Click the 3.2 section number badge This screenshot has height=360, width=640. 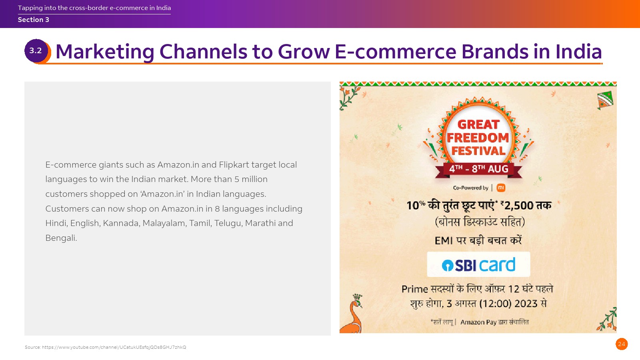point(36,51)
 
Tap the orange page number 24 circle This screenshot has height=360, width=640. point(622,344)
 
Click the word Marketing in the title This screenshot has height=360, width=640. point(105,52)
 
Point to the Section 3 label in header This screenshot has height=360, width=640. point(34,20)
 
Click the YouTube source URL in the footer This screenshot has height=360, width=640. point(114,347)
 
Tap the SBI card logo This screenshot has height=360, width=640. point(478,264)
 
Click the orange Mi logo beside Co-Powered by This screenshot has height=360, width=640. point(501,188)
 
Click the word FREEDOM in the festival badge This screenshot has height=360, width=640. point(478,138)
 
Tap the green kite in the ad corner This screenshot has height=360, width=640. point(605,100)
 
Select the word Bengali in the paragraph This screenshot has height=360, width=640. point(61,238)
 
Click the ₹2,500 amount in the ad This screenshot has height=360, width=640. point(516,206)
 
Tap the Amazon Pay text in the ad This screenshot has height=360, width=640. point(478,322)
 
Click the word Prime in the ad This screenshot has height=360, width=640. point(415,289)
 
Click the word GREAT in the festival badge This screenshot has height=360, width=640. point(478,124)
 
